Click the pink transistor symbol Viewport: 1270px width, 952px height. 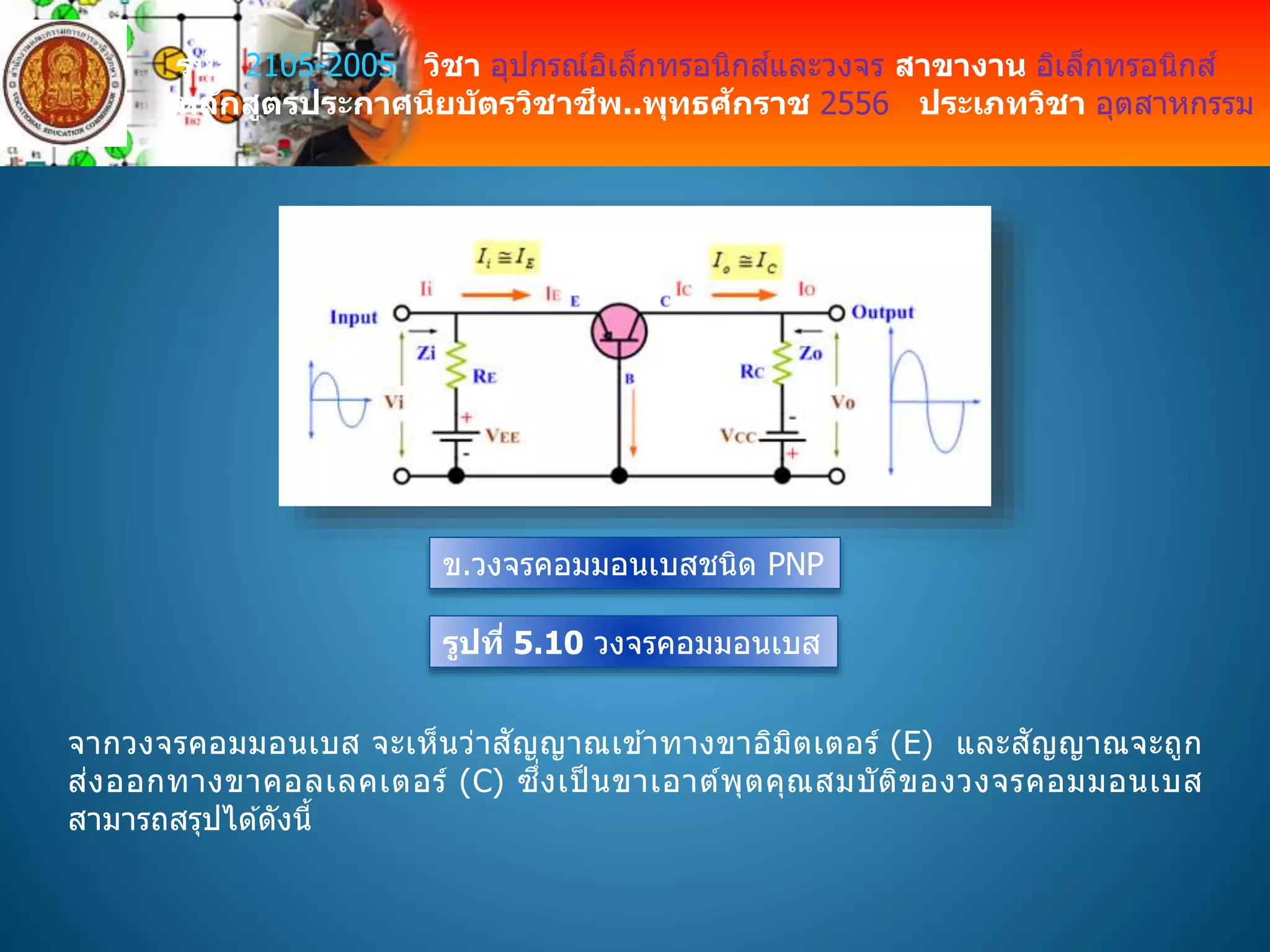[619, 331]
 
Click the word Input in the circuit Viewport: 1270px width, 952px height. [353, 317]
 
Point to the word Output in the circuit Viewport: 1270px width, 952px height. [882, 312]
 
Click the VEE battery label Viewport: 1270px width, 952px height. [502, 436]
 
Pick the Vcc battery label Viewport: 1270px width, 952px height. [738, 436]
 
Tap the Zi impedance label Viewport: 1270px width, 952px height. [426, 353]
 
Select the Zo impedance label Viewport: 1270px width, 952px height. [810, 353]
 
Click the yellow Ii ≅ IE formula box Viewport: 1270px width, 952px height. [505, 257]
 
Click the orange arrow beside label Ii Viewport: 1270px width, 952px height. [495, 294]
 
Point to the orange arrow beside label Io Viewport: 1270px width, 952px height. [744, 294]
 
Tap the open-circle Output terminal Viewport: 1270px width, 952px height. [837, 313]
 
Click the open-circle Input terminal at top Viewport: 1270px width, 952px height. [402, 313]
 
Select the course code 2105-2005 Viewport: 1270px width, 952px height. [320, 66]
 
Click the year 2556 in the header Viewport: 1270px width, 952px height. [854, 104]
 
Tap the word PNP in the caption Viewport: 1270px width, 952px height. [796, 564]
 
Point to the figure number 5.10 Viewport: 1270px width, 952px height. [548, 642]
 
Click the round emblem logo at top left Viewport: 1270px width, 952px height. [64, 84]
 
